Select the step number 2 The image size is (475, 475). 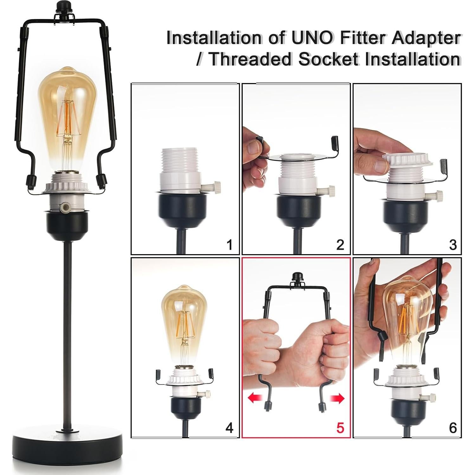click(340, 245)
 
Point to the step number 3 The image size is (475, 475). click(453, 245)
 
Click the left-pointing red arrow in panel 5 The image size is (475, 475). click(254, 398)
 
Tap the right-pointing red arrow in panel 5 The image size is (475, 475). click(337, 398)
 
